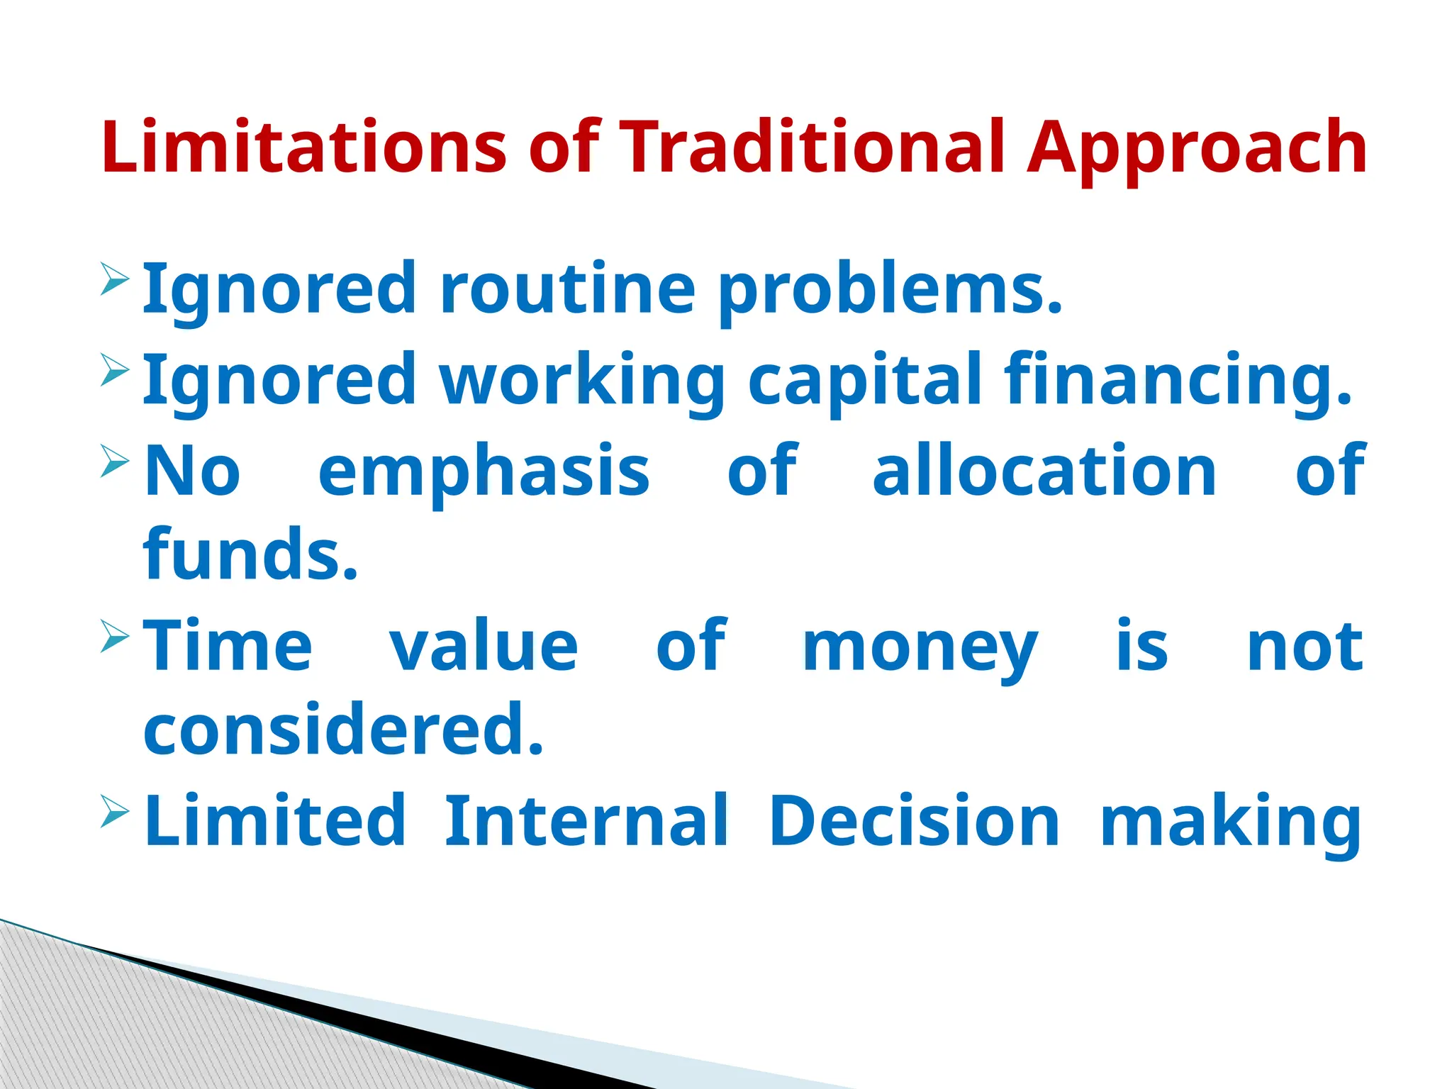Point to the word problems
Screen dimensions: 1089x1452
point(890,291)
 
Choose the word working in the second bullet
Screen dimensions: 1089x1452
point(581,380)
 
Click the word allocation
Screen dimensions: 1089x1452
point(1044,470)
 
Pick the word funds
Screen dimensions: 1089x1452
point(250,554)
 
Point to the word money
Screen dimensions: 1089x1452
point(920,649)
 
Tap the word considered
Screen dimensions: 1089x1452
point(343,729)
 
